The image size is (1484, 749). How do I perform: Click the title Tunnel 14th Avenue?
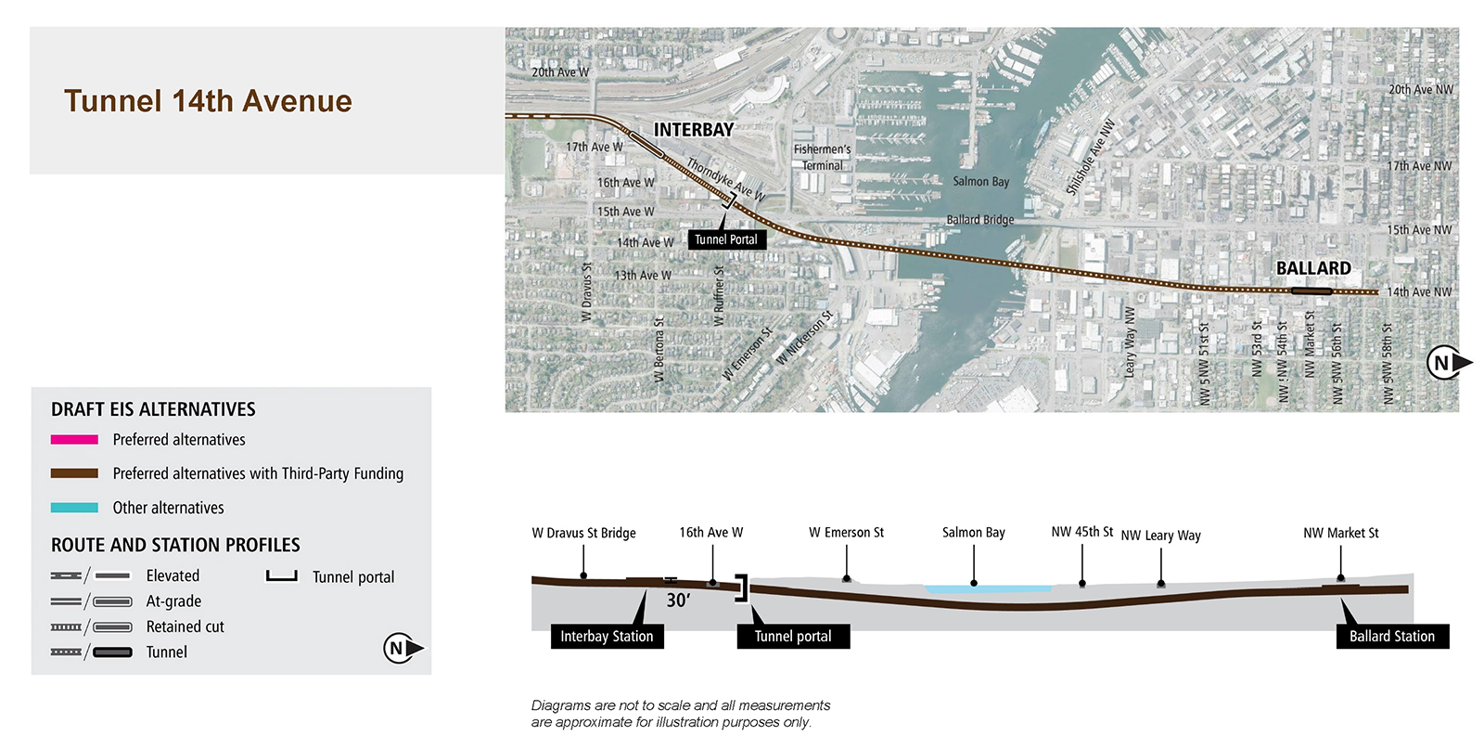(208, 101)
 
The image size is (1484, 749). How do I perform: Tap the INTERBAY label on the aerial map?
(694, 130)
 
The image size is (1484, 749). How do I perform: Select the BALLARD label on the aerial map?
(1313, 268)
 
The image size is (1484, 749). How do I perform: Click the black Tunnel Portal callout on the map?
(727, 240)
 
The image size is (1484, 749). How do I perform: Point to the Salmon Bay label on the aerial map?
(980, 182)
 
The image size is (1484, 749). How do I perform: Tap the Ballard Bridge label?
(979, 220)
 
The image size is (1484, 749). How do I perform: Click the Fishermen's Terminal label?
(822, 158)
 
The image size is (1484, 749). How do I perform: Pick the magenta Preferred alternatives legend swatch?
(74, 439)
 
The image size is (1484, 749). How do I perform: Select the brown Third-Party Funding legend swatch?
(74, 473)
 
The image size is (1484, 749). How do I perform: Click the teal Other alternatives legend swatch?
(74, 508)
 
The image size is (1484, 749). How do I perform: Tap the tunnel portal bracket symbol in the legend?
(282, 577)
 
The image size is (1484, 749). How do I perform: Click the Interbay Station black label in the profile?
(607, 637)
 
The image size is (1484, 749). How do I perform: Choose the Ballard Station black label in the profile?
(1392, 637)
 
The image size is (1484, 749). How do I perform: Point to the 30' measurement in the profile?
(678, 600)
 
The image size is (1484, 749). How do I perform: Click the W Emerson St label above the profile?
(846, 532)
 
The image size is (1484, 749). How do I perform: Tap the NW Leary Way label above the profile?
(1160, 536)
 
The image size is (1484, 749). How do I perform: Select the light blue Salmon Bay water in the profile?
(989, 588)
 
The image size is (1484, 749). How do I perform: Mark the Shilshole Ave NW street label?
(1091, 158)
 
